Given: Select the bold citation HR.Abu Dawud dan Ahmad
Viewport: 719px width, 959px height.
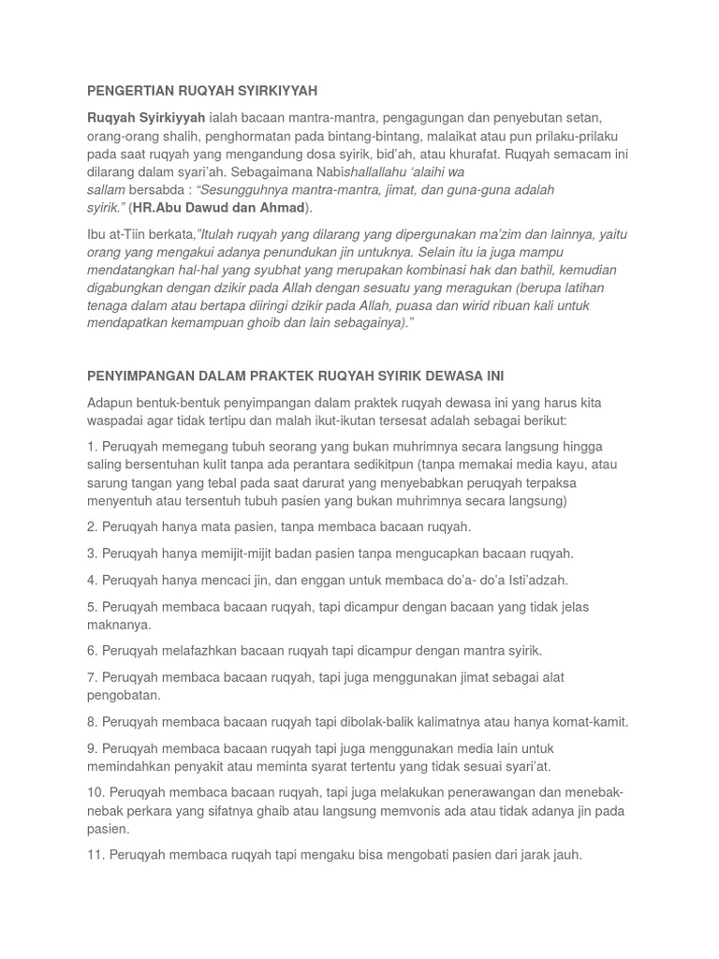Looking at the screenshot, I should pyautogui.click(x=219, y=207).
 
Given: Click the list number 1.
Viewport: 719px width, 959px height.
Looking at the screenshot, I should pyautogui.click(x=92, y=447).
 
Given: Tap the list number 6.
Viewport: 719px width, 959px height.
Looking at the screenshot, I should pyautogui.click(x=92, y=650).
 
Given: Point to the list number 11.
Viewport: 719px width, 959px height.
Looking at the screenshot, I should pyautogui.click(x=95, y=854).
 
